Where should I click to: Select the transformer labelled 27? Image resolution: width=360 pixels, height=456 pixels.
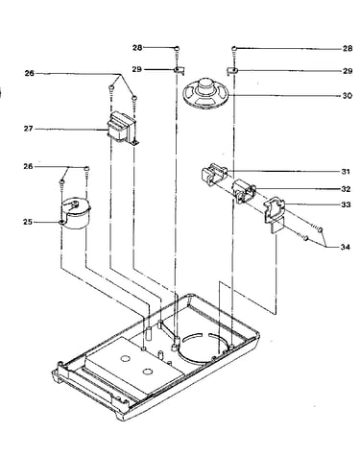point(122,129)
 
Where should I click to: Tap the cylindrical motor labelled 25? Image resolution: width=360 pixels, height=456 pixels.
point(76,213)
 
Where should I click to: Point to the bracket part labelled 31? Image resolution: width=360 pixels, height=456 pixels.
point(214,174)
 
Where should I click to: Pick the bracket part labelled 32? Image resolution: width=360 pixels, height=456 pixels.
point(244,192)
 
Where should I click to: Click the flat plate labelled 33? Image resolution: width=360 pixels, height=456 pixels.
point(274,214)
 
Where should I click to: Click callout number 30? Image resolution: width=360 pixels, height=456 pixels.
point(347,96)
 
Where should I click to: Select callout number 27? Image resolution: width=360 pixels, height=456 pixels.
point(28,129)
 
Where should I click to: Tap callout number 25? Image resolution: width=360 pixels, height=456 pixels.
point(28,222)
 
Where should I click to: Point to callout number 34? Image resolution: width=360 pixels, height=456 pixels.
point(345,247)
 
